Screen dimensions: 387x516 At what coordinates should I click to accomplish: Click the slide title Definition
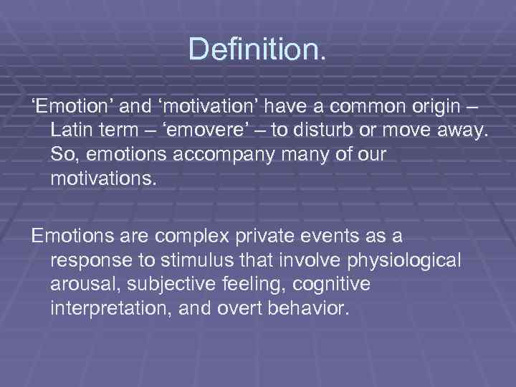click(257, 49)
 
